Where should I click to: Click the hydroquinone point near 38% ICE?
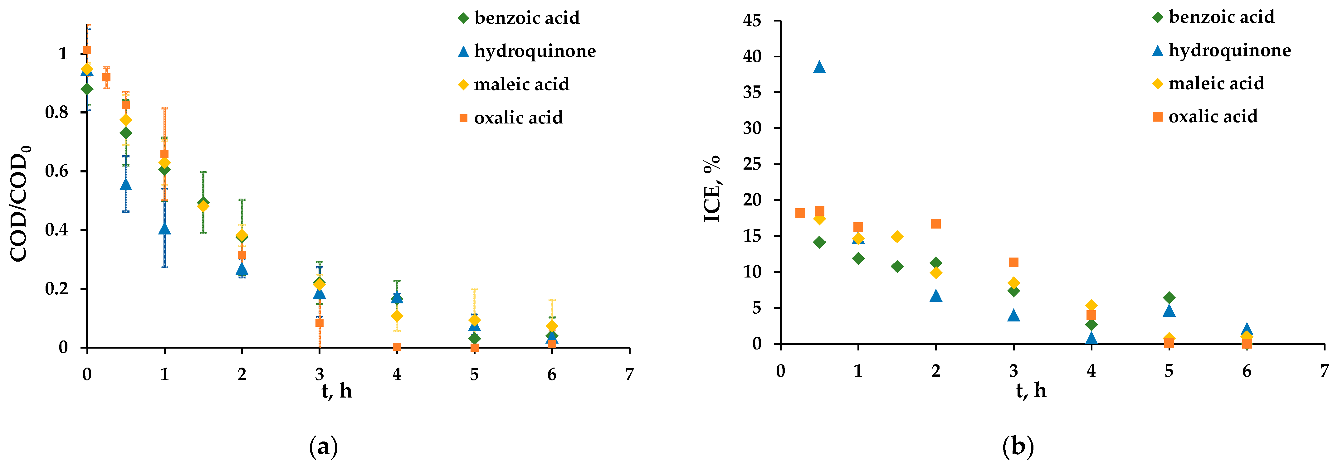pos(819,67)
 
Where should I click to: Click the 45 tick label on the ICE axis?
pos(752,21)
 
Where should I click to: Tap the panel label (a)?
pos(323,446)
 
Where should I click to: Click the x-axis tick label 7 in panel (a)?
pos(629,374)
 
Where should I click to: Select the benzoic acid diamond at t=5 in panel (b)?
pos(1169,297)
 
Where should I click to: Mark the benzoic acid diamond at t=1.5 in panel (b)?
pos(897,267)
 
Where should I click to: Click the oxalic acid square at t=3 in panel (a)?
pos(319,323)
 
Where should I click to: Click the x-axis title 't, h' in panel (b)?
pos(1031,390)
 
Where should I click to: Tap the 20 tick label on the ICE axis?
pos(752,200)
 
